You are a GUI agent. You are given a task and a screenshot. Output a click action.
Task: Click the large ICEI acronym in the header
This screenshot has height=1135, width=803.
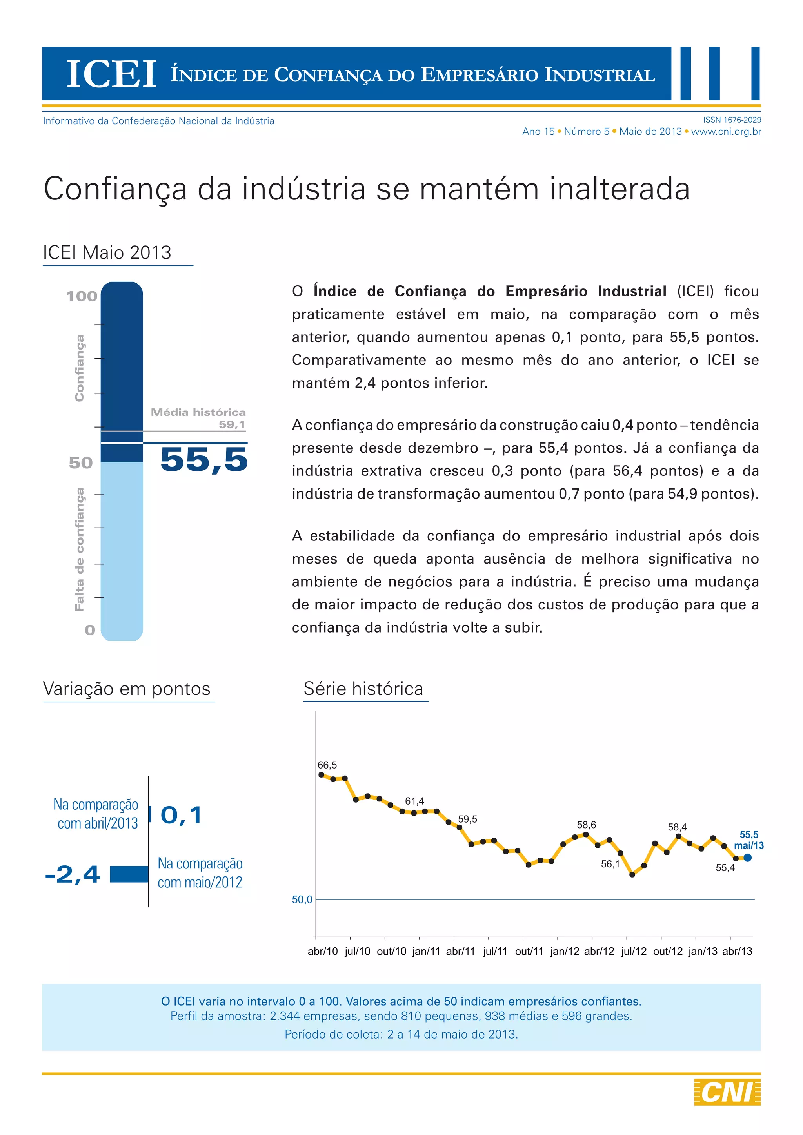point(111,74)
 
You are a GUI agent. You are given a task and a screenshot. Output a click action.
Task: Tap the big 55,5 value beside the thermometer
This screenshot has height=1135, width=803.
point(204,460)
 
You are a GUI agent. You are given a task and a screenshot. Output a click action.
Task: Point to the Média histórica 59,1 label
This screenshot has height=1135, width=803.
point(198,418)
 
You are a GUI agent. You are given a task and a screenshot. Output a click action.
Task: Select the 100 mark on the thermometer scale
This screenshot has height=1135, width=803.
point(82,296)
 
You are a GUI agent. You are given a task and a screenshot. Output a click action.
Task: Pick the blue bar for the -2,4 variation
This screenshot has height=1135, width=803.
point(129,874)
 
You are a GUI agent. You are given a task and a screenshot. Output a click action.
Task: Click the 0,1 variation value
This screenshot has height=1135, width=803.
point(182,815)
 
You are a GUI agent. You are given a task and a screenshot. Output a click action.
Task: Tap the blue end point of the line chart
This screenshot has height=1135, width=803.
point(748,858)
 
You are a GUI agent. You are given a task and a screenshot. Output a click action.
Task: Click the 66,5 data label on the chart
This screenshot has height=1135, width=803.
point(327,765)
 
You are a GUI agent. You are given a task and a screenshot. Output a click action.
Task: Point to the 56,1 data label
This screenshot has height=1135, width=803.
point(610,864)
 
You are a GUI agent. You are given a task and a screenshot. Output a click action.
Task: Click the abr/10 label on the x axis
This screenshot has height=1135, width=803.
point(323,951)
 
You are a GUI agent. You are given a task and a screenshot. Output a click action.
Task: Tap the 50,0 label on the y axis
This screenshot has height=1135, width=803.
point(302,900)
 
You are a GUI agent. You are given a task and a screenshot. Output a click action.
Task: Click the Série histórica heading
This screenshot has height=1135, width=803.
point(363,689)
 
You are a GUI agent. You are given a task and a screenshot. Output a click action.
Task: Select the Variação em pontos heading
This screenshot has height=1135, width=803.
point(127,689)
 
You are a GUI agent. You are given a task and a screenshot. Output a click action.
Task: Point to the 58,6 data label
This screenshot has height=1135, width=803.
point(587,825)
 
